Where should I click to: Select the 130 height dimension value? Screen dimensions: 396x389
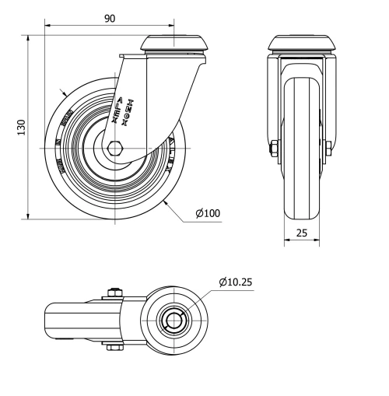pos(23,126)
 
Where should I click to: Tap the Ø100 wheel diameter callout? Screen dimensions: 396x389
pos(208,213)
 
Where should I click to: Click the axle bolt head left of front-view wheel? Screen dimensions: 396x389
pos(275,148)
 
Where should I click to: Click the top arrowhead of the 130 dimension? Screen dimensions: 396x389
pos(30,37)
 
